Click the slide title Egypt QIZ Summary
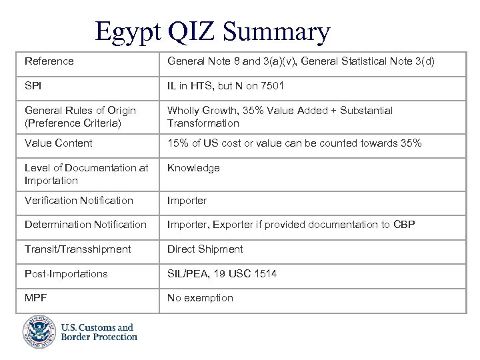(x=212, y=31)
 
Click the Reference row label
(x=49, y=61)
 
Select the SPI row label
(x=33, y=85)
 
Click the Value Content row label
(x=59, y=143)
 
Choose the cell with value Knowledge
(x=193, y=168)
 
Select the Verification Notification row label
(x=79, y=200)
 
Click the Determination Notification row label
(x=85, y=225)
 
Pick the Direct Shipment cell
(x=205, y=249)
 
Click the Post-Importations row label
(x=66, y=274)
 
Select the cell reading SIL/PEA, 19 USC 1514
(x=222, y=274)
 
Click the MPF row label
(x=35, y=298)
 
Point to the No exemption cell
(x=200, y=298)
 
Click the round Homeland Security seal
(x=39, y=332)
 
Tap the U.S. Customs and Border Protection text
(x=99, y=332)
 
